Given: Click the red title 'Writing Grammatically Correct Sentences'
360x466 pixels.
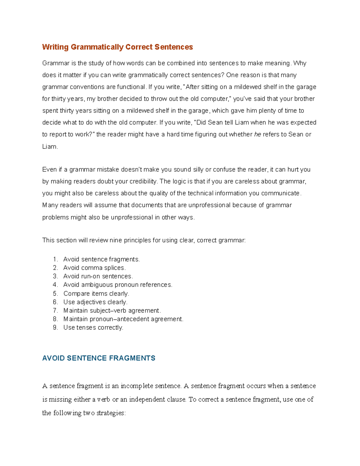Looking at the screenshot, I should [x=117, y=47].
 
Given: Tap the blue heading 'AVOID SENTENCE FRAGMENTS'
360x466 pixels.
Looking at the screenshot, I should [x=99, y=358].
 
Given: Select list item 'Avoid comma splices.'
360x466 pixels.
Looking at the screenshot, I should [x=94, y=268].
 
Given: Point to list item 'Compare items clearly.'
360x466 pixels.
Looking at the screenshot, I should [x=96, y=293].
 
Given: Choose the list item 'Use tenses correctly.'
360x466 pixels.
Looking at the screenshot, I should [x=93, y=327].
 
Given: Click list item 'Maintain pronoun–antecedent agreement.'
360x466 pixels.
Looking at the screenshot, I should [x=123, y=319].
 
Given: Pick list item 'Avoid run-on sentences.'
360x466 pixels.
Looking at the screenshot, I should [x=98, y=276].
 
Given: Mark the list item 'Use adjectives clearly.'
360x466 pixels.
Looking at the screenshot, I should [x=95, y=302].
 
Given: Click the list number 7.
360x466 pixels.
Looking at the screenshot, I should [x=55, y=311].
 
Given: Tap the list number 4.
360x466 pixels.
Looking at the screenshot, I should [x=55, y=285].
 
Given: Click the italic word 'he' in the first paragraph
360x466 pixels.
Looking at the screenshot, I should [x=257, y=134].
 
